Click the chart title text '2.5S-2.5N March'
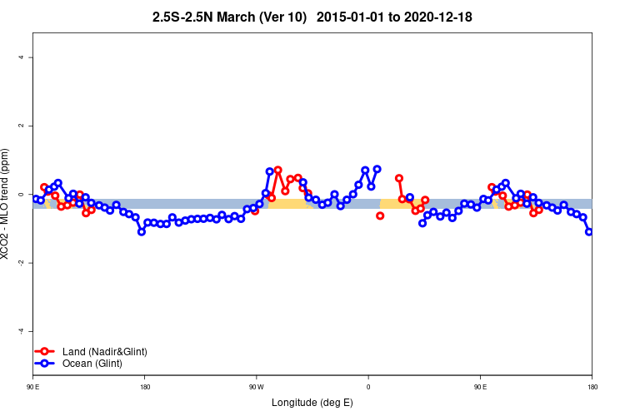(218, 17)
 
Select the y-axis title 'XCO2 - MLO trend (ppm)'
(6, 204)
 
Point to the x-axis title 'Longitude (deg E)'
(312, 403)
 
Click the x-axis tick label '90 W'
(256, 387)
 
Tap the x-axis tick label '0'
(368, 387)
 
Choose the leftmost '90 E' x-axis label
(32, 387)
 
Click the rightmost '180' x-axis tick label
(592, 387)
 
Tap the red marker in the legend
(46, 352)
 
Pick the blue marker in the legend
(46, 364)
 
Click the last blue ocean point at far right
(589, 231)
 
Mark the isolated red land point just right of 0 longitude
(380, 215)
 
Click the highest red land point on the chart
(277, 170)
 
